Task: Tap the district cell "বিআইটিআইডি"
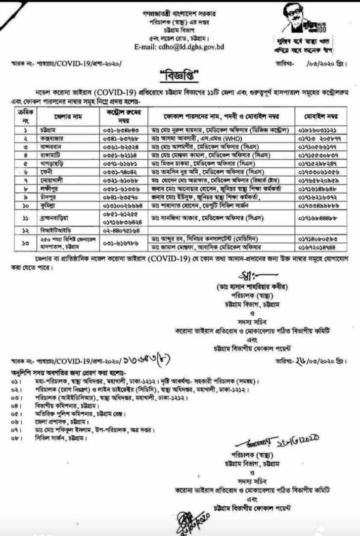click(53, 230)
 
